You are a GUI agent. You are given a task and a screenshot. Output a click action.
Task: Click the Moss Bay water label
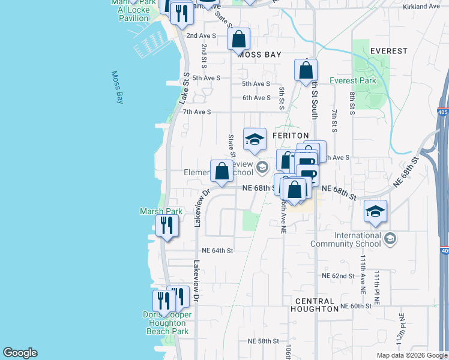[x=117, y=88]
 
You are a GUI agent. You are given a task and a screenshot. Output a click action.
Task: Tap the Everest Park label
[x=353, y=80]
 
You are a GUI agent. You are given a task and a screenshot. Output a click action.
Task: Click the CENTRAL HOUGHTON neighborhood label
[x=315, y=305]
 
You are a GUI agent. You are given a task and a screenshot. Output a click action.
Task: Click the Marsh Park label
[x=161, y=211]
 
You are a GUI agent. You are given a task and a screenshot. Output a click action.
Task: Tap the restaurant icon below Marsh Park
[x=166, y=226]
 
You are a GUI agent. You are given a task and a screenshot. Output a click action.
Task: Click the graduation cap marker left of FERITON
[x=255, y=139]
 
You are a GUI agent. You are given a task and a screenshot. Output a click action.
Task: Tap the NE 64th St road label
[x=217, y=250]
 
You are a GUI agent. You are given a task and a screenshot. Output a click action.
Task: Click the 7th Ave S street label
[x=197, y=112]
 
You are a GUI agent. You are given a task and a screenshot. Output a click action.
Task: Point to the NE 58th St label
[x=264, y=341]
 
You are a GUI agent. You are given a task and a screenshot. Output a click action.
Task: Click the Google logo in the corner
[x=20, y=353]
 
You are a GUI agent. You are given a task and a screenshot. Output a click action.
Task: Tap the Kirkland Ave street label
[x=422, y=6]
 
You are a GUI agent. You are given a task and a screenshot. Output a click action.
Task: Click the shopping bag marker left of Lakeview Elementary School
[x=221, y=171]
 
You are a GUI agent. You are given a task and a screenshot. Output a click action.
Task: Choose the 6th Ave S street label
[x=256, y=98]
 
